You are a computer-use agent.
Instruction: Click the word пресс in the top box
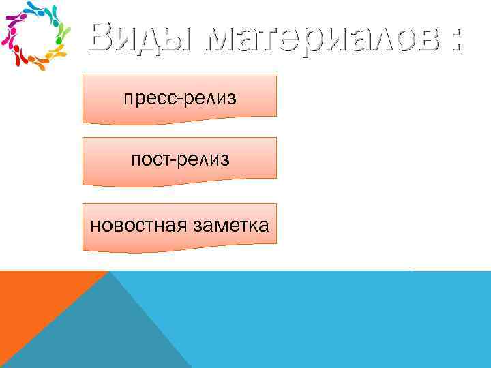tap(149, 99)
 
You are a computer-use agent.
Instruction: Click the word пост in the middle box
tap(152, 160)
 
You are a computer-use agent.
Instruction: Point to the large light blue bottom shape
tap(327, 320)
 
